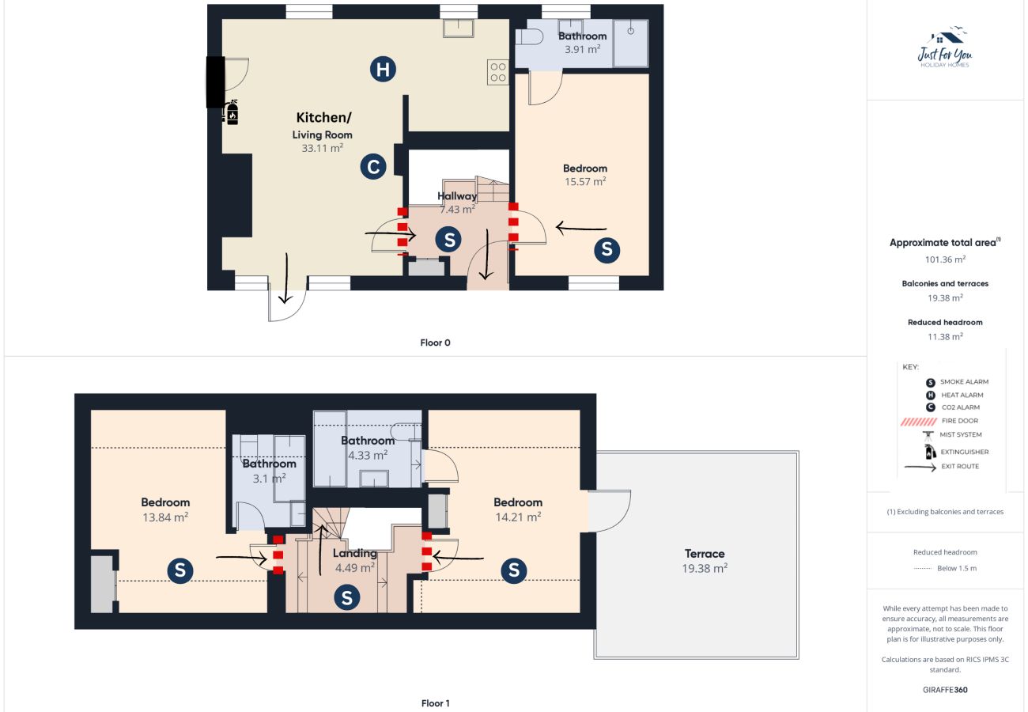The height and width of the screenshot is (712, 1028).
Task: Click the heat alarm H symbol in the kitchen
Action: point(383,70)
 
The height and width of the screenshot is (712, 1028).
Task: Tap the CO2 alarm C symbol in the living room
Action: point(373,167)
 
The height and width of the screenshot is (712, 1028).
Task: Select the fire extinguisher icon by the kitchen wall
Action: point(232,113)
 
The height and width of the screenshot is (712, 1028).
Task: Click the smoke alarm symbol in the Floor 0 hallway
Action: point(449,239)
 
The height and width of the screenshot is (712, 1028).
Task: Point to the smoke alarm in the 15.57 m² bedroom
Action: point(607,250)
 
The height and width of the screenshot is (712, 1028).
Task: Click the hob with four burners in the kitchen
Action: point(498,73)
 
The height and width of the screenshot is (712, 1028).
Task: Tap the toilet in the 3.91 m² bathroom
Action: point(529,38)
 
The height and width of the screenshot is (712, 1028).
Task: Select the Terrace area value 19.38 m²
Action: point(705,568)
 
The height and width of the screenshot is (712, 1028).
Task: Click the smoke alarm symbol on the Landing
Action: point(346,598)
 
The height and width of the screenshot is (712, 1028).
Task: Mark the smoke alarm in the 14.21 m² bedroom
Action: point(514,570)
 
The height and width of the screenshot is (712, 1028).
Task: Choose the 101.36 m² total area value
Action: point(945,259)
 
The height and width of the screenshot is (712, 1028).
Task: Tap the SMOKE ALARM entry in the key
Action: point(964,382)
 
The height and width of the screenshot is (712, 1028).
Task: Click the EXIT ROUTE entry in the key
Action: point(959,467)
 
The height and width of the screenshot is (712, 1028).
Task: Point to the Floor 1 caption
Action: point(435,703)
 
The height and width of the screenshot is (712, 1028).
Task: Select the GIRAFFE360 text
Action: point(945,690)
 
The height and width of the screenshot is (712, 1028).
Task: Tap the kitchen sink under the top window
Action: point(458,28)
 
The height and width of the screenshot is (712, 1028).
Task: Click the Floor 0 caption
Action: point(435,343)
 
